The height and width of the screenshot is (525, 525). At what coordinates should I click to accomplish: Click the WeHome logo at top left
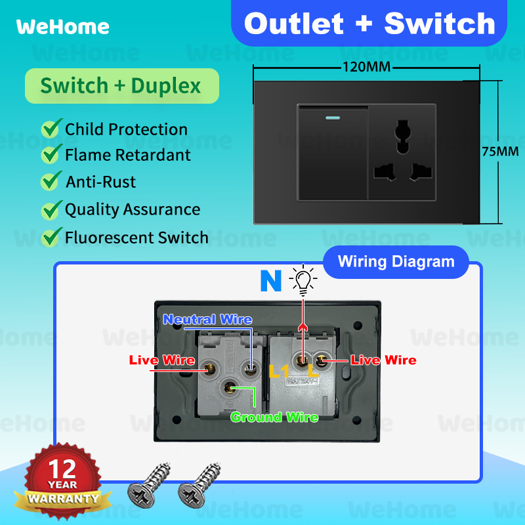[x=62, y=27]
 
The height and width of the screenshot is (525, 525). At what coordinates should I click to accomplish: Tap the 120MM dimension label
[x=367, y=67]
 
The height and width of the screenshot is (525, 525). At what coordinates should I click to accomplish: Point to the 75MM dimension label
[x=500, y=152]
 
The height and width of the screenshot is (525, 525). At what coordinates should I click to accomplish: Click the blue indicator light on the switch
[x=333, y=118]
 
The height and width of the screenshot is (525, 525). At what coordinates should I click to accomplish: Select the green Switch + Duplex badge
[x=122, y=86]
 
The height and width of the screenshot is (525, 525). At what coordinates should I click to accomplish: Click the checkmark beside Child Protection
[x=52, y=128]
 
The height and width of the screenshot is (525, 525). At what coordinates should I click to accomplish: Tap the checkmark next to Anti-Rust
[x=51, y=181]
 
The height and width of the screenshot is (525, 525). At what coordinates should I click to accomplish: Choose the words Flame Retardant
[x=127, y=155]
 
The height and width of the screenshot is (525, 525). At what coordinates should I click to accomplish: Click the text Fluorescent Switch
[x=136, y=238]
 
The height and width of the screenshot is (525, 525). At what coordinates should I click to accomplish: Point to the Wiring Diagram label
[x=396, y=262]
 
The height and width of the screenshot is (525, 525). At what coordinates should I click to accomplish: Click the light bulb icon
[x=303, y=280]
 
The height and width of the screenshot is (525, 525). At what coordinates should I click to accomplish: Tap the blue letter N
[x=271, y=281]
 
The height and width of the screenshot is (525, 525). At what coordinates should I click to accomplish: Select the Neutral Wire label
[x=207, y=320]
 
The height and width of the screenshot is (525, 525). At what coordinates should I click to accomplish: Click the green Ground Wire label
[x=274, y=417]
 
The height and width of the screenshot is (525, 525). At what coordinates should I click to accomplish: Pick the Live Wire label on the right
[x=384, y=360]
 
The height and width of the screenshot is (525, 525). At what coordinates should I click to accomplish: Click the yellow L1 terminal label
[x=279, y=371]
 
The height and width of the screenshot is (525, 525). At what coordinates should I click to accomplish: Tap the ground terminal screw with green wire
[x=229, y=388]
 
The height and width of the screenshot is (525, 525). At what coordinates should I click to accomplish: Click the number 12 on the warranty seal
[x=62, y=469]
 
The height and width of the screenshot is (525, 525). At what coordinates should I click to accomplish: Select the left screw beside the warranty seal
[x=148, y=485]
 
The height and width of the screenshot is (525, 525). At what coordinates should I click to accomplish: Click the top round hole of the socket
[x=402, y=129]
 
